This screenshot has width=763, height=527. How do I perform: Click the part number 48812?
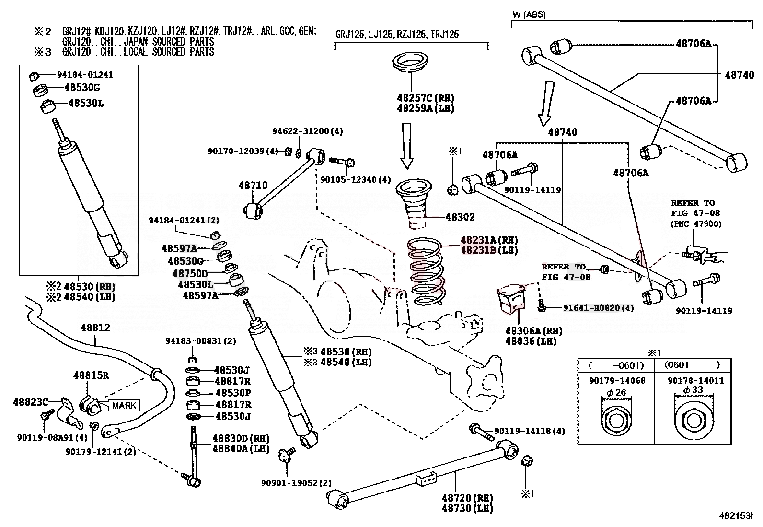pyautogui.click(x=95, y=328)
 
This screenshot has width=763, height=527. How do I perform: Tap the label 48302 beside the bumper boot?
pyautogui.click(x=460, y=217)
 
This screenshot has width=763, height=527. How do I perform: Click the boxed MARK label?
pyautogui.click(x=124, y=406)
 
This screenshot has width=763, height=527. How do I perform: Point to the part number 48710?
pyautogui.click(x=253, y=186)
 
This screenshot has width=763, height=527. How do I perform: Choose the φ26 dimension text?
pyautogui.click(x=616, y=393)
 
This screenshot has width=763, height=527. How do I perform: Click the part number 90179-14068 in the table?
pyautogui.click(x=617, y=381)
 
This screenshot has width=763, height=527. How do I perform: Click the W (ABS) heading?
pyautogui.click(x=529, y=15)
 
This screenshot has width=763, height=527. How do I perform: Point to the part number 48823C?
pyautogui.click(x=30, y=401)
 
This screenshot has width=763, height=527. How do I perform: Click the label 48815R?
pyautogui.click(x=91, y=375)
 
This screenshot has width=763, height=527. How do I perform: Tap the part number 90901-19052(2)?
pyautogui.click(x=296, y=483)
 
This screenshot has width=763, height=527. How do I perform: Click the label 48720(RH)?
pyautogui.click(x=467, y=498)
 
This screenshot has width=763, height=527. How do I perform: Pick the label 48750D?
pyautogui.click(x=190, y=274)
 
